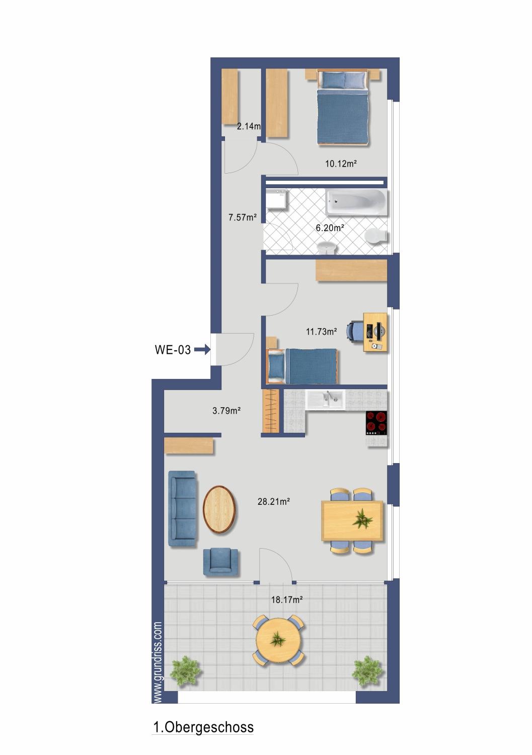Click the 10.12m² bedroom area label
[x=341, y=164]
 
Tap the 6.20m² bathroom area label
[x=330, y=228]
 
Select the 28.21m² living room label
[x=274, y=501]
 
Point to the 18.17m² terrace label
[x=287, y=599]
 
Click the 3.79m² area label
[x=226, y=411]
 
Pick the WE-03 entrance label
[x=173, y=350]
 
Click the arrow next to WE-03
[x=202, y=349]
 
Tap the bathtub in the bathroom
[x=355, y=202]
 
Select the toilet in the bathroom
[x=375, y=236]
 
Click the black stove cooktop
[x=376, y=423]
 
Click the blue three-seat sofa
[x=182, y=508]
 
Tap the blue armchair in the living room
[x=220, y=562]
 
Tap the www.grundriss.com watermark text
[x=158, y=662]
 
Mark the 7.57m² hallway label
[x=243, y=217]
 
